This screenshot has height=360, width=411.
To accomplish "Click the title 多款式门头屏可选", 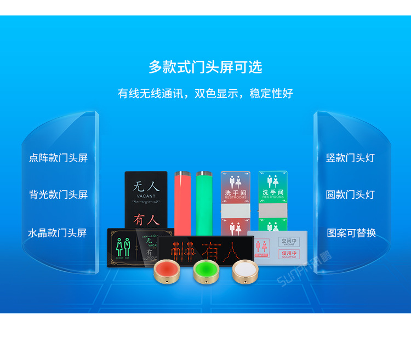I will click(206, 67).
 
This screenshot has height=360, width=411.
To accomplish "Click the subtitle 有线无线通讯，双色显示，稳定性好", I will click(206, 93).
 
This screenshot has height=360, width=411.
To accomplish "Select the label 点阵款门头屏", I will click(58, 158).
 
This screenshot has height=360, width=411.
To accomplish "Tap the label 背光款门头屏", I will click(58, 195).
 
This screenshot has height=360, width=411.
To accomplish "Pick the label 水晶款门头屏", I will click(58, 233).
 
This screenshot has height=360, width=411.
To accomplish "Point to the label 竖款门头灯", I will click(350, 158).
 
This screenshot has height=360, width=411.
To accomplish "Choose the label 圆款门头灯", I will click(350, 195).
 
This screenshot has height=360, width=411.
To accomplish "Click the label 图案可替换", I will click(351, 233).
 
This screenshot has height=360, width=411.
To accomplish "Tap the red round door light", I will click(165, 270).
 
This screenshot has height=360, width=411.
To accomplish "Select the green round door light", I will click(205, 271).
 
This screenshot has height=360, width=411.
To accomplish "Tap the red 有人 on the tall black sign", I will click(146, 219).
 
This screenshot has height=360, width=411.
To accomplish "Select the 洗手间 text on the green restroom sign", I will click(272, 192).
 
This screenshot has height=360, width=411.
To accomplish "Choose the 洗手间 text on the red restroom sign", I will click(235, 192).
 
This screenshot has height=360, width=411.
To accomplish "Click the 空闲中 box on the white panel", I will click(288, 242).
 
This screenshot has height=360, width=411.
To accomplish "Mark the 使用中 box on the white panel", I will click(288, 254).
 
